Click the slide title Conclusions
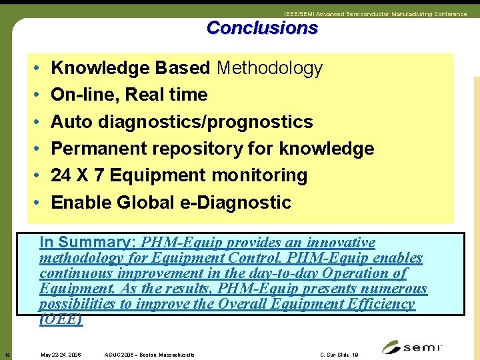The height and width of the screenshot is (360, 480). pos(262,28)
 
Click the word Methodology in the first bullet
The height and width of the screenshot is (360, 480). pos(269,68)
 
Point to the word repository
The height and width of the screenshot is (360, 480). pos(213,149)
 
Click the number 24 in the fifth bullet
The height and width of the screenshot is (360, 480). pos(61,175)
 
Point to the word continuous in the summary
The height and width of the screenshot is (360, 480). pos(77,273)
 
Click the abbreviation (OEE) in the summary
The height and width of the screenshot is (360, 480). pos(61,319)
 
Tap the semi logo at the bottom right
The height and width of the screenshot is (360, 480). pos(412,347)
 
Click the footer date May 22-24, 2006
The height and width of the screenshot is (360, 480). pos(61,355)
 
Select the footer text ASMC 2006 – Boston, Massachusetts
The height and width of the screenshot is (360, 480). pos(150,355)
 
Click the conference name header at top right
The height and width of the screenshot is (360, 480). pos(375,14)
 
